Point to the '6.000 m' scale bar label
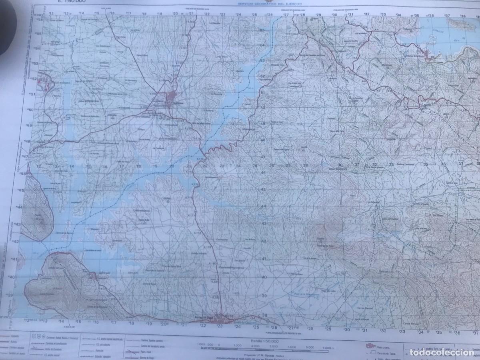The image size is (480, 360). tap(328, 348)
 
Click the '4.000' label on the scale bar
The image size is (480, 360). tap(290, 348)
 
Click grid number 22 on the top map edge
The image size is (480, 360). tap(206, 14)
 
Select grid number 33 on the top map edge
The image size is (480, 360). tap(383, 14)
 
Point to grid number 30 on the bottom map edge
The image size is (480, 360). tap(346, 330)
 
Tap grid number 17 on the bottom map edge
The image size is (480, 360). tap(114, 322)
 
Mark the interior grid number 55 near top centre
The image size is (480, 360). tap(263, 31)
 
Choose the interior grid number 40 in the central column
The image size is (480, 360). tap(264, 277)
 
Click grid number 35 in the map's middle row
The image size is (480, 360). tap(426, 164)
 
